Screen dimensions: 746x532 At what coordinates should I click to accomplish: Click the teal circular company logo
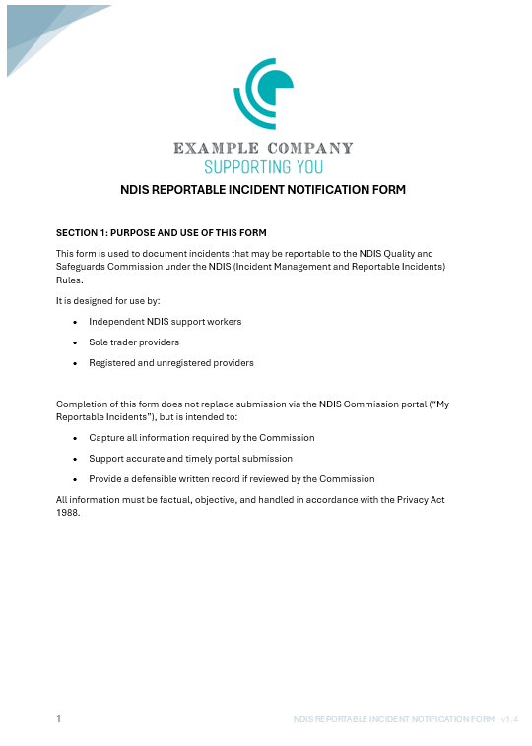pyautogui.click(x=263, y=94)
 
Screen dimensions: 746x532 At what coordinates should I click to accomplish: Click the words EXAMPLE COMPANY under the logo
pyautogui.click(x=263, y=149)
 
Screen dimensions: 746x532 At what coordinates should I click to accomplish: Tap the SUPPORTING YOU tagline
pyautogui.click(x=263, y=167)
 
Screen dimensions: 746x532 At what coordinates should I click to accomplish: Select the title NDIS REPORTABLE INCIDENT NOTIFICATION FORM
pyautogui.click(x=263, y=190)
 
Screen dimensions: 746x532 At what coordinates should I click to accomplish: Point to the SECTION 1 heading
pyautogui.click(x=161, y=233)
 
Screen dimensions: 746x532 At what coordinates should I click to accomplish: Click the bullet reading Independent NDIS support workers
pyautogui.click(x=165, y=322)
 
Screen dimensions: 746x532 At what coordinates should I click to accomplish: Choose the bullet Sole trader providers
pyautogui.click(x=134, y=342)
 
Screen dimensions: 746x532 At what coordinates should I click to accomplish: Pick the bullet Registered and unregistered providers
pyautogui.click(x=171, y=363)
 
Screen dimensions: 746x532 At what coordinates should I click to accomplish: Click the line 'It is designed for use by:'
pyautogui.click(x=108, y=300)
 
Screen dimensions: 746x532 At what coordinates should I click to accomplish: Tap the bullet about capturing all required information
pyautogui.click(x=202, y=437)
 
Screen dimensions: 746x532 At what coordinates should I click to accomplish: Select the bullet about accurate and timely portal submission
pyautogui.click(x=190, y=459)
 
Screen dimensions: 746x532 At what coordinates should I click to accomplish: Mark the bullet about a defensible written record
pyautogui.click(x=232, y=479)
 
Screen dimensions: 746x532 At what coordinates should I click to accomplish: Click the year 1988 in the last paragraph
pyautogui.click(x=67, y=512)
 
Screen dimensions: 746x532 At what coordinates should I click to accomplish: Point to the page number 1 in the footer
pyautogui.click(x=58, y=720)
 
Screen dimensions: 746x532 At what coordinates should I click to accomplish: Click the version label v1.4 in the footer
pyautogui.click(x=509, y=720)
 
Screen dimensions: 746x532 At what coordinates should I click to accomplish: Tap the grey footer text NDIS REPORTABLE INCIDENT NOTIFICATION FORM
pyautogui.click(x=393, y=720)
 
